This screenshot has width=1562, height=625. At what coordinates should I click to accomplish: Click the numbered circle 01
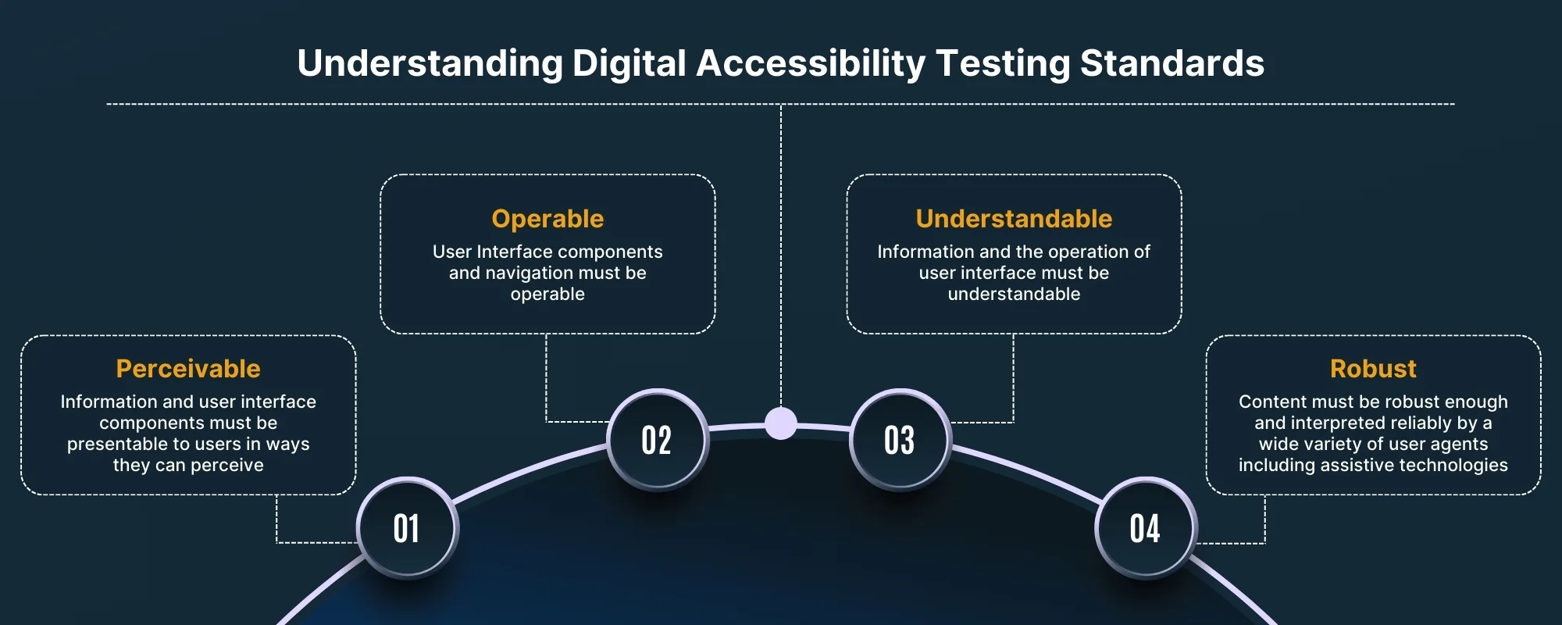tap(407, 528)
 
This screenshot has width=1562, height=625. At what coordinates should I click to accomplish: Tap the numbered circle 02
tap(657, 440)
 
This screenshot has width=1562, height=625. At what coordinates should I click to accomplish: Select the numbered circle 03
tap(900, 440)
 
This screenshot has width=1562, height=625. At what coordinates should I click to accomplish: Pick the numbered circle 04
tap(1145, 528)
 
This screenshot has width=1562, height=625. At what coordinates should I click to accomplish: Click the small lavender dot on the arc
tap(781, 423)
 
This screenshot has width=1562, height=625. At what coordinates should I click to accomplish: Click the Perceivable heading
tap(188, 369)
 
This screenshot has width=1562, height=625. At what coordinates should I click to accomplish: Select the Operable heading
tap(547, 219)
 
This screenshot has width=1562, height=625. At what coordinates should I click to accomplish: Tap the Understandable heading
tap(1014, 219)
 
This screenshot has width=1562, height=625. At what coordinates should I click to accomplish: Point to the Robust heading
tap(1373, 369)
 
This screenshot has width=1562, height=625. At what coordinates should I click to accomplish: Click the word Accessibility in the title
tap(811, 64)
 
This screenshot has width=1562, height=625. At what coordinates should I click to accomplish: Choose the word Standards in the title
tap(1172, 64)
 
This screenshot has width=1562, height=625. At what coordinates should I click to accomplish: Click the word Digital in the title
tap(629, 64)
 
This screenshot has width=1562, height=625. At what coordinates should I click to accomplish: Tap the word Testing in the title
tap(1003, 64)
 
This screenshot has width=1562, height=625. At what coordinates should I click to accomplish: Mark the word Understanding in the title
tap(430, 64)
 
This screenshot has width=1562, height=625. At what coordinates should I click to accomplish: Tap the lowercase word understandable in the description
tap(1014, 294)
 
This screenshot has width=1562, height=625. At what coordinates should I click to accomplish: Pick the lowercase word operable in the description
tap(547, 294)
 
